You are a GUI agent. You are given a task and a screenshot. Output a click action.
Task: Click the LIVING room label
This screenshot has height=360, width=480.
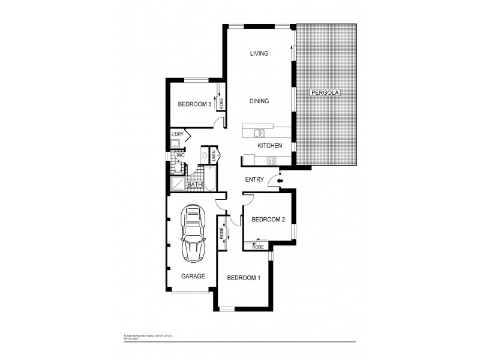coord(259,54)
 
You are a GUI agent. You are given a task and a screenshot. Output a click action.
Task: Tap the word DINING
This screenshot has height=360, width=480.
coord(259,101)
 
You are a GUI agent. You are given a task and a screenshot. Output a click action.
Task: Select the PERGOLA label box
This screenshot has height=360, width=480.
coord(325,94)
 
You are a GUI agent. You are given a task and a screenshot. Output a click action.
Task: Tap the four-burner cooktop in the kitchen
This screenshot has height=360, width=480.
coord(271,160)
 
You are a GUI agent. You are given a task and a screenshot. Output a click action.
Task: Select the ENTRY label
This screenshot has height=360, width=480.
coord(255,179)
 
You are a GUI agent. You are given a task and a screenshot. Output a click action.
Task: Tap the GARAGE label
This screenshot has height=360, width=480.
coord(193,277)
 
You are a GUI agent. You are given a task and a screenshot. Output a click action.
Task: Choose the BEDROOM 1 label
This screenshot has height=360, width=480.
coord(243,278)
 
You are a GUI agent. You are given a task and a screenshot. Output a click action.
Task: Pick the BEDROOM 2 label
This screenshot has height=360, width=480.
coord(267,220)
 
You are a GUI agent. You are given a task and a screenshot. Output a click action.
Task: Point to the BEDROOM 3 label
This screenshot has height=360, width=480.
coord(194,104)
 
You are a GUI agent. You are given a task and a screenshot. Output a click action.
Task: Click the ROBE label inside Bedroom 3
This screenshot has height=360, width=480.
coord(221,103)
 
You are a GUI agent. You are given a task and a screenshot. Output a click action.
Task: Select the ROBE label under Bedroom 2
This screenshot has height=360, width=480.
coord(258,247)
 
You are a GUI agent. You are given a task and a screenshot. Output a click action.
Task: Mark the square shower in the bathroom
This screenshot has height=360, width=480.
coord(178,184)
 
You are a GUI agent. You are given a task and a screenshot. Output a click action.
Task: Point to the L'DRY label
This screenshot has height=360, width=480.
coord(178,134)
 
